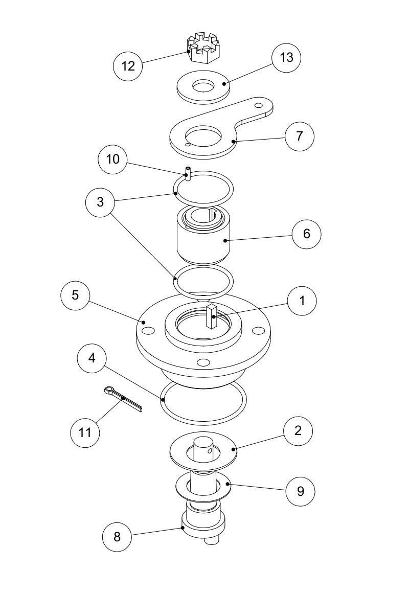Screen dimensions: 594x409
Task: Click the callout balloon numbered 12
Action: click(x=128, y=66)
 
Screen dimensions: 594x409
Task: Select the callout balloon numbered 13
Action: click(x=286, y=58)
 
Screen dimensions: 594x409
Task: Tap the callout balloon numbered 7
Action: click(x=300, y=136)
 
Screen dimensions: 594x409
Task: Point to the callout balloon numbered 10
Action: click(x=112, y=159)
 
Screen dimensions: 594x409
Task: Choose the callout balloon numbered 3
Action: click(x=100, y=202)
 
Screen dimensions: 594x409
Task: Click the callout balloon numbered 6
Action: click(x=306, y=234)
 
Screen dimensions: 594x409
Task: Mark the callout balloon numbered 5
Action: click(x=75, y=295)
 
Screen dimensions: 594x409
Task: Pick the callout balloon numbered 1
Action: click(x=302, y=301)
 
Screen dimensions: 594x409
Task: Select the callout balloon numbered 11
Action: click(x=85, y=432)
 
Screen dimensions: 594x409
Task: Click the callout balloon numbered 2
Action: click(x=298, y=430)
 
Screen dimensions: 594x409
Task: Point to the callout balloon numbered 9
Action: click(x=300, y=491)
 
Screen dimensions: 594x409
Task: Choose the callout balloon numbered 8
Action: click(x=117, y=536)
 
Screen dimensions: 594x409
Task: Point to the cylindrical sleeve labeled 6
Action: click(x=203, y=238)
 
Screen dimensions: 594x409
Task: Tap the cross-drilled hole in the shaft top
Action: click(x=211, y=451)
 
